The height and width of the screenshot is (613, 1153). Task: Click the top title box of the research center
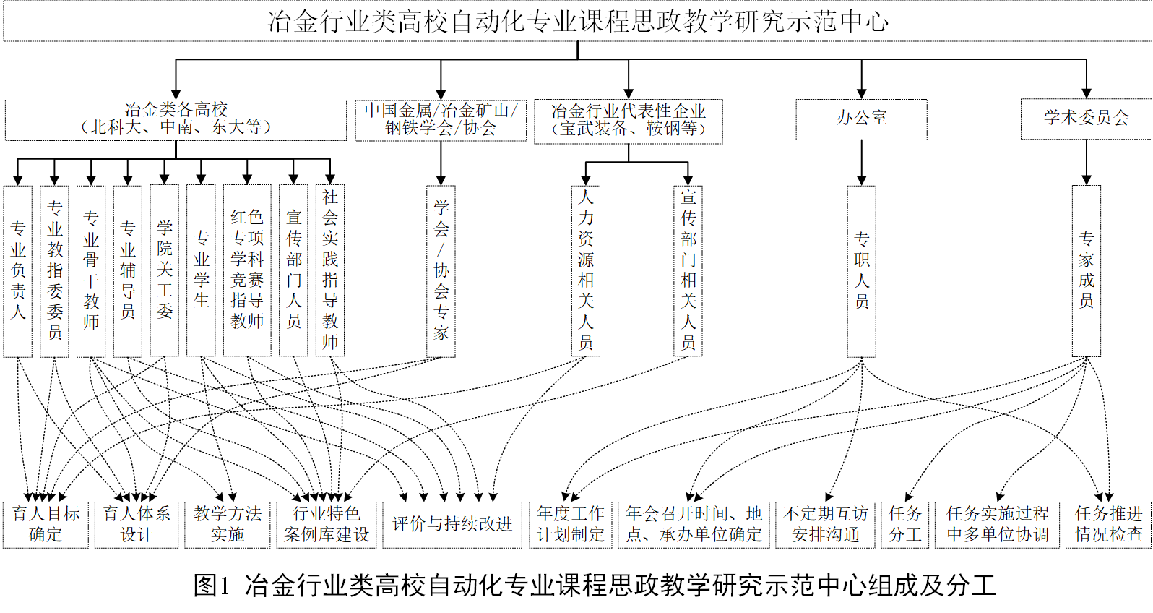(x=576, y=22)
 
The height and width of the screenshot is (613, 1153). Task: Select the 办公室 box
(x=861, y=119)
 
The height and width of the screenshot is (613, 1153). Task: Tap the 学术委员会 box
(x=1086, y=119)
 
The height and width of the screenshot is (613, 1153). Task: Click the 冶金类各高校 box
(x=176, y=119)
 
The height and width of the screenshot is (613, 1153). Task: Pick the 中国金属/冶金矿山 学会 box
(x=441, y=120)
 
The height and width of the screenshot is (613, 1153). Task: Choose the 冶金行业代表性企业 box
(x=628, y=121)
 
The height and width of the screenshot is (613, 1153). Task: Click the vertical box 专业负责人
(x=18, y=271)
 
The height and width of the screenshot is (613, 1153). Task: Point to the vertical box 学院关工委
(x=165, y=271)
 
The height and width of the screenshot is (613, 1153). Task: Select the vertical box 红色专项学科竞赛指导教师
(x=247, y=271)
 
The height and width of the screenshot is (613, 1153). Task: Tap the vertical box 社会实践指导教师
(x=330, y=271)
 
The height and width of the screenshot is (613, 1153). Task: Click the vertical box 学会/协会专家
(x=441, y=271)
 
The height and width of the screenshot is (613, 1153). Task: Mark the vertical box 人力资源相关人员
(x=586, y=271)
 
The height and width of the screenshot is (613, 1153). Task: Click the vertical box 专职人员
(x=861, y=271)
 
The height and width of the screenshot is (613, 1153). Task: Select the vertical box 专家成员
(x=1086, y=271)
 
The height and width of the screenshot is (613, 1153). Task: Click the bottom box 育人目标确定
(x=46, y=525)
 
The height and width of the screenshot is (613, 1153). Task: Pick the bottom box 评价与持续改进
(x=452, y=525)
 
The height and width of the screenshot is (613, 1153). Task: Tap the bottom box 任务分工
(x=905, y=525)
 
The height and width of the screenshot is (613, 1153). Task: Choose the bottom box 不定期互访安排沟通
(x=825, y=525)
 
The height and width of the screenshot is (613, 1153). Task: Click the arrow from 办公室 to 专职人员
(x=861, y=162)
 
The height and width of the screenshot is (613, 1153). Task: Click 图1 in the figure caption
(x=211, y=586)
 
